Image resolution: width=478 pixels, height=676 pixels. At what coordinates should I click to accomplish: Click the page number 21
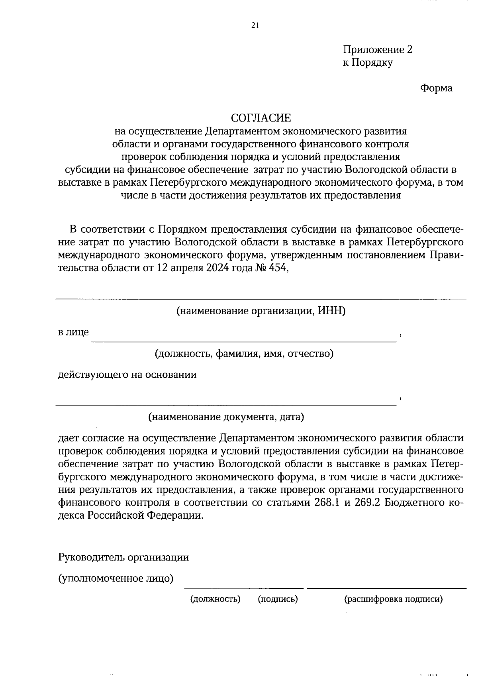pyautogui.click(x=255, y=25)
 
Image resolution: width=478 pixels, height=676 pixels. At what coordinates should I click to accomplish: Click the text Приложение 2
pyautogui.click(x=378, y=50)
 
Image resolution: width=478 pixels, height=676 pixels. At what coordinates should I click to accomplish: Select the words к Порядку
pyautogui.click(x=368, y=63)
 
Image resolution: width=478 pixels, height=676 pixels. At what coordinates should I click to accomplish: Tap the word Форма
pyautogui.click(x=436, y=88)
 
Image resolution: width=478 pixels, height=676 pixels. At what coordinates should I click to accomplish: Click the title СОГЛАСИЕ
pyautogui.click(x=261, y=118)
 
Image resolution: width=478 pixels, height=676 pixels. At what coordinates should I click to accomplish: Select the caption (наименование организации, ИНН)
pyautogui.click(x=261, y=311)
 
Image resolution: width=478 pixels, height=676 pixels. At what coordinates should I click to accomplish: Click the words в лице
pyautogui.click(x=73, y=332)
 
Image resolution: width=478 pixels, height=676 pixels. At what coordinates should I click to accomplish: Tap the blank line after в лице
pyautogui.click(x=244, y=339)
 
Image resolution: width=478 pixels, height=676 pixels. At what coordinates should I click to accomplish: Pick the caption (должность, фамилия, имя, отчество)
pyautogui.click(x=244, y=353)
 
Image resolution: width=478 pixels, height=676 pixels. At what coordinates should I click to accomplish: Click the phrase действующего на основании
pyautogui.click(x=127, y=374)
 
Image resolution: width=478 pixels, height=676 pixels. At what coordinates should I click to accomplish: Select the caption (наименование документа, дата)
pyautogui.click(x=226, y=417)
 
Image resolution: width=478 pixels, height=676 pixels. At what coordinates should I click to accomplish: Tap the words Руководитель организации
pyautogui.click(x=123, y=557)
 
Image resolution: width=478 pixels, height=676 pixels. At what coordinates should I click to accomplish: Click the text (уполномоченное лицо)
pyautogui.click(x=116, y=578)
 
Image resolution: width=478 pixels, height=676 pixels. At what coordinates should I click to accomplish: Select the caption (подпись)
pyautogui.click(x=278, y=599)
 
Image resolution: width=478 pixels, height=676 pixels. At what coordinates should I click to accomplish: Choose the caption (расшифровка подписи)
pyautogui.click(x=393, y=599)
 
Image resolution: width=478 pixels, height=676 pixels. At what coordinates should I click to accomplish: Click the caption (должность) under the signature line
pyautogui.click(x=215, y=599)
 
